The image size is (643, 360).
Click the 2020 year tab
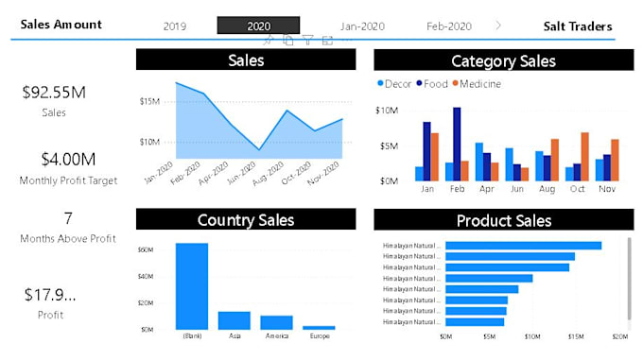(258, 26)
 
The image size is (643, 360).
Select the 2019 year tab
(174, 26)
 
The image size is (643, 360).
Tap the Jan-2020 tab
(362, 26)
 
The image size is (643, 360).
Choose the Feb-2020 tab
(448, 26)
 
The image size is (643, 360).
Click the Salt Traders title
(577, 26)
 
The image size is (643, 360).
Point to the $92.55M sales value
(54, 93)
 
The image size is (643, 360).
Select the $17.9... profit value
(50, 295)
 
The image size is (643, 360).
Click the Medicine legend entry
(480, 84)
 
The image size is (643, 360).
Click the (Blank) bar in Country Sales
(191, 285)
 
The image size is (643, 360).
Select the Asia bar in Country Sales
(234, 319)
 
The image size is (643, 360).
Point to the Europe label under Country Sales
(320, 335)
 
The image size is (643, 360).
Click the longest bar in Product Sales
(523, 246)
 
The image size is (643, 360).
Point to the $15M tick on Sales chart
(148, 101)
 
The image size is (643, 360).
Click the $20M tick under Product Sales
(620, 335)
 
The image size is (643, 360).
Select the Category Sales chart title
(502, 61)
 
